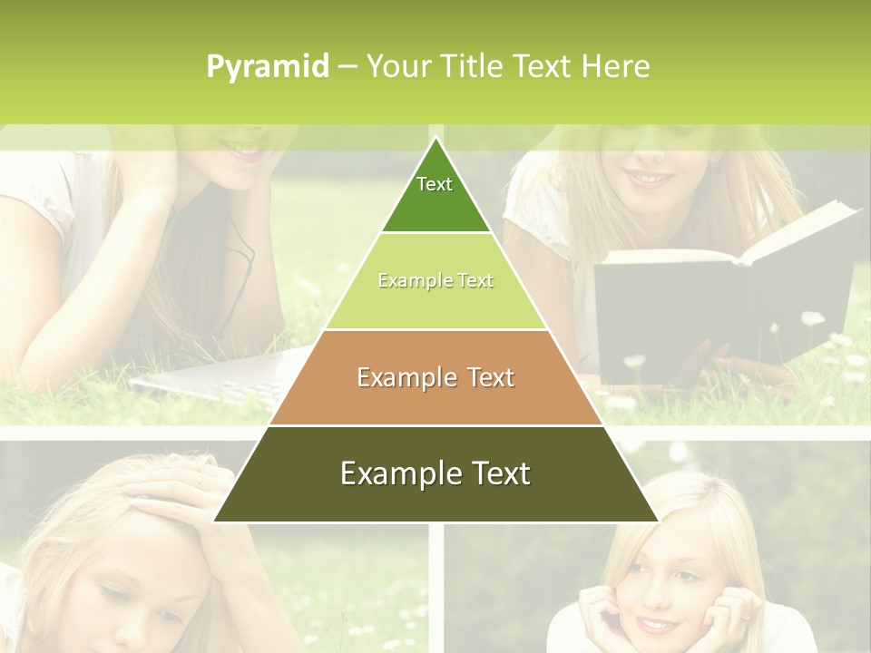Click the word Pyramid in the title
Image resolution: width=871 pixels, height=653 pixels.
point(268,67)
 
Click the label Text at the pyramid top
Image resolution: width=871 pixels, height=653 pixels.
point(435,184)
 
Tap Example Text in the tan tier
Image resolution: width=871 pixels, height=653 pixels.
point(435,377)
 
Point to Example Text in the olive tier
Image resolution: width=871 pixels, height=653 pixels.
point(435,473)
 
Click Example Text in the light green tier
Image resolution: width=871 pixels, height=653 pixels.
point(435,281)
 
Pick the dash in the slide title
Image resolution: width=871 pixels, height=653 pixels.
point(347,67)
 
